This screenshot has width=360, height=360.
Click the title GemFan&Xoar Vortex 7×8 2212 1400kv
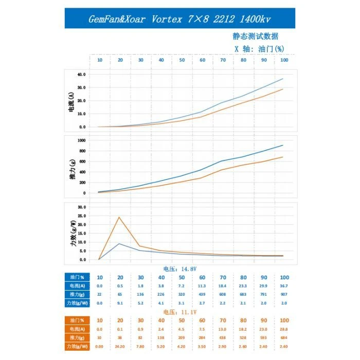point(179,19)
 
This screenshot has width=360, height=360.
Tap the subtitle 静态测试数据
point(256,37)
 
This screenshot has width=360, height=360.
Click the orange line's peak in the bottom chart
point(119,217)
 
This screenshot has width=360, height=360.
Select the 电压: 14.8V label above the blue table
point(180,268)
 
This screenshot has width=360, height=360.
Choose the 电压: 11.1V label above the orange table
point(180,312)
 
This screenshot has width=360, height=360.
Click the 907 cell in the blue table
point(284,295)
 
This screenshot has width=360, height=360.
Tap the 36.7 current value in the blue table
point(284,285)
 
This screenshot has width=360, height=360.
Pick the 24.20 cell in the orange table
point(120,347)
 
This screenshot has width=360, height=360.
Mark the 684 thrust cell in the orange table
point(284,338)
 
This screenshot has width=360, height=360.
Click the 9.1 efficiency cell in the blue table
point(120,303)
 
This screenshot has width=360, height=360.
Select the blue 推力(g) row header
point(77,295)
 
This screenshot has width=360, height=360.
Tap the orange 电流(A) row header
point(77,329)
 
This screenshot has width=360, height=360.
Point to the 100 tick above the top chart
point(284,60)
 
